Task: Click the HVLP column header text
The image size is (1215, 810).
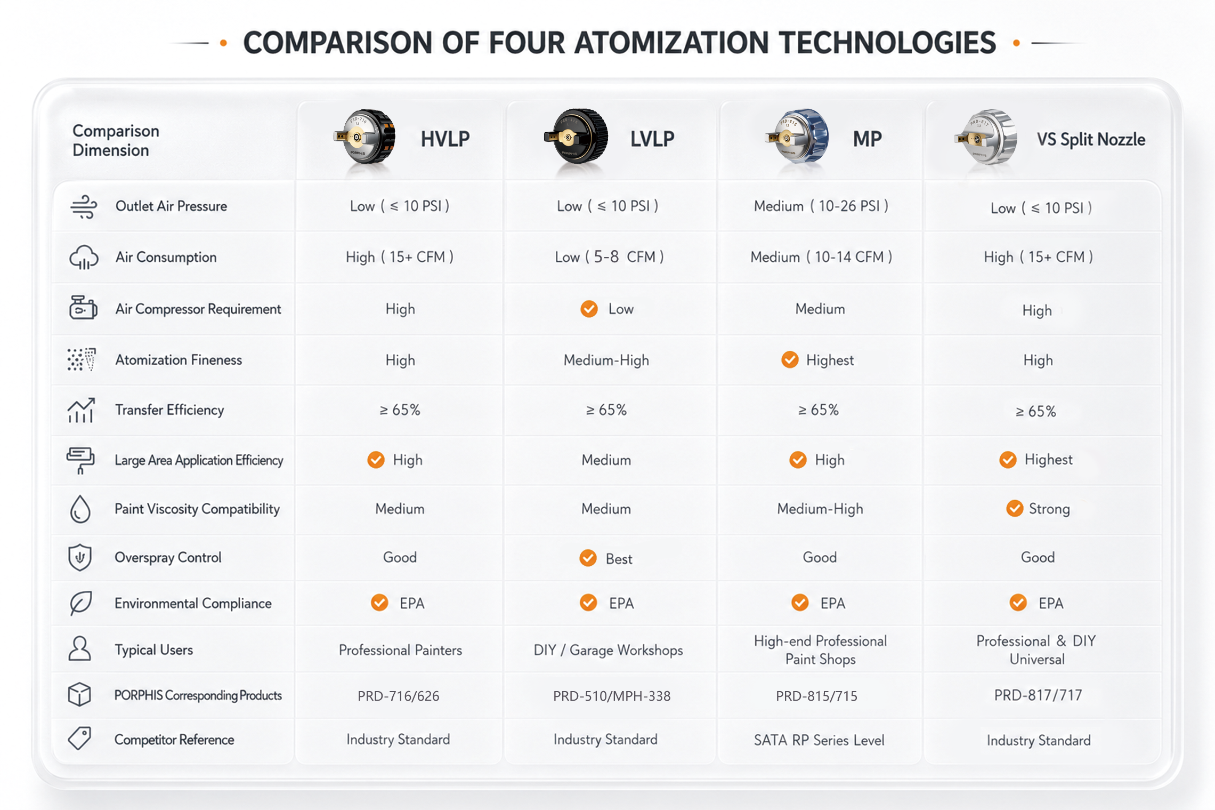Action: tap(445, 139)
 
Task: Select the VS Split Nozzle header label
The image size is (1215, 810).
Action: tap(1091, 140)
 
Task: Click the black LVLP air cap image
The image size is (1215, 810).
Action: tap(576, 136)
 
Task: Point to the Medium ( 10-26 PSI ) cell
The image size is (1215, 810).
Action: tap(821, 206)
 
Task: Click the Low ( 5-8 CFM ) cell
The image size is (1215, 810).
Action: tap(609, 257)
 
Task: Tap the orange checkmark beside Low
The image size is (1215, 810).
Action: tap(589, 309)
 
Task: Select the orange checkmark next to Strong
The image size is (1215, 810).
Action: tap(1015, 508)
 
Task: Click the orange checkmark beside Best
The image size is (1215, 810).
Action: tap(588, 558)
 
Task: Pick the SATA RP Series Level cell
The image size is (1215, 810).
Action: tap(819, 740)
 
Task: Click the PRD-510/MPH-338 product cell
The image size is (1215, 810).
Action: tap(612, 696)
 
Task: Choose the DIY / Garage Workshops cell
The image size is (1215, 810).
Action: tap(608, 650)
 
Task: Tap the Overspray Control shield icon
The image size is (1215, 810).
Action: tap(80, 557)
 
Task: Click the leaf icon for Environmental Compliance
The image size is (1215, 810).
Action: tap(80, 603)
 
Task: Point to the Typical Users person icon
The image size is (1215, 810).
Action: tap(79, 648)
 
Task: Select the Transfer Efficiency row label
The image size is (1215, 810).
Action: tap(169, 410)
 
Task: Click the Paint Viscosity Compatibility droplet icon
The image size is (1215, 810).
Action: tap(80, 508)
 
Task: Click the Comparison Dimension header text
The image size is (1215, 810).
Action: tap(116, 140)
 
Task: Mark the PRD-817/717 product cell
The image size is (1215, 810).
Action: tap(1038, 695)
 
